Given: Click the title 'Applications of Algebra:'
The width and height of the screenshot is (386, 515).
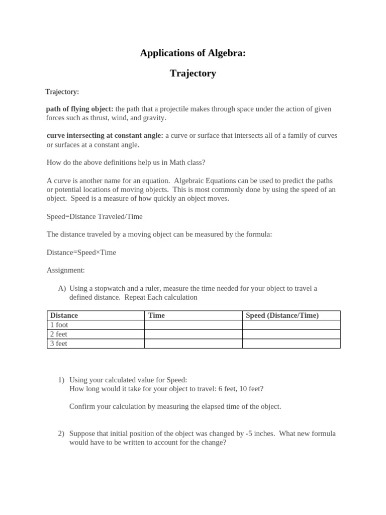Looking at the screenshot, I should [x=193, y=53].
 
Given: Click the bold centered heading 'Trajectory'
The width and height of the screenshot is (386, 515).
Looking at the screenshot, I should [x=193, y=73].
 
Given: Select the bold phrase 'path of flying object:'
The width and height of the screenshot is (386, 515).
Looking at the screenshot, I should [x=79, y=109].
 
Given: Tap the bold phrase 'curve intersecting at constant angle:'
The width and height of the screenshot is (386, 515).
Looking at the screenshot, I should [x=105, y=135].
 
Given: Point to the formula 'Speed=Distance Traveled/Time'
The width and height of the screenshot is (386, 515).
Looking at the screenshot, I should [x=94, y=216].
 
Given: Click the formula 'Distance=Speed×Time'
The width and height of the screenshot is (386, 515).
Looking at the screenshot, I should [x=81, y=252].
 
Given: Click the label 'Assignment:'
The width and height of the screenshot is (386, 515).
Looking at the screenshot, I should [x=66, y=270].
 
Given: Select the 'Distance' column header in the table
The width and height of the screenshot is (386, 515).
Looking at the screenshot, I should [x=64, y=315].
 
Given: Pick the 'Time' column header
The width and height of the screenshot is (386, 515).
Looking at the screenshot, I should [x=156, y=315].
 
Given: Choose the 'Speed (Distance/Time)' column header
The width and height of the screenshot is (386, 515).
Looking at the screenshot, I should [x=282, y=315].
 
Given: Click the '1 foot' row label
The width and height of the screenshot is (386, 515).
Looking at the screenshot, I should [x=59, y=325].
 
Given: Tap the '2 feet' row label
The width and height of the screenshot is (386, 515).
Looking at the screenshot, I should [x=59, y=334].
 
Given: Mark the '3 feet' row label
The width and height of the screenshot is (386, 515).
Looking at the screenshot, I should [x=59, y=344].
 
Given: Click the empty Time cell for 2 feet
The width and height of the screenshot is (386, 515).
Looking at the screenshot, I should [x=193, y=334].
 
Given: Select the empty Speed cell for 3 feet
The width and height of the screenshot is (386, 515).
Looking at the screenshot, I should [x=291, y=344].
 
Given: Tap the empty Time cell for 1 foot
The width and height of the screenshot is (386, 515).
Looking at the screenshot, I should [x=193, y=325].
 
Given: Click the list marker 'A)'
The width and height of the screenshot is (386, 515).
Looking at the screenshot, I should [x=62, y=288].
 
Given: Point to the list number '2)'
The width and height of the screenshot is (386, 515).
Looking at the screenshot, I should [x=61, y=434].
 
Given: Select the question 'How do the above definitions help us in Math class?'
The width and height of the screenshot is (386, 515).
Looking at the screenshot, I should [x=126, y=162].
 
